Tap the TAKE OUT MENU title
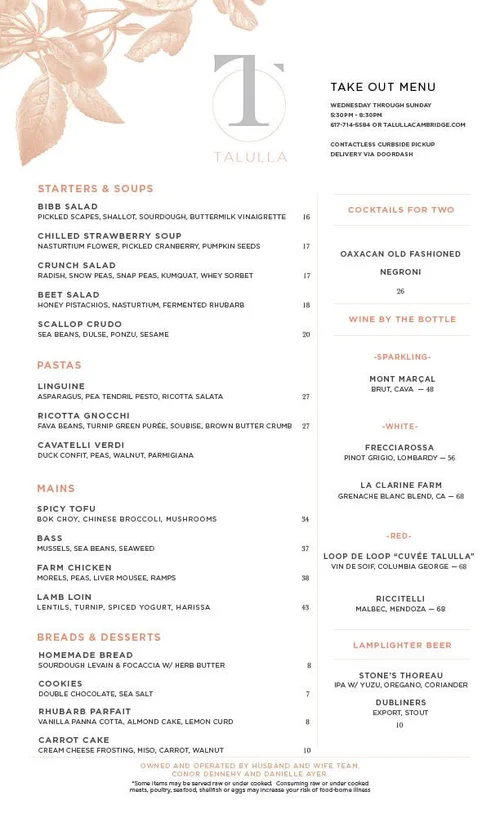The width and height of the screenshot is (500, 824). (x=383, y=87)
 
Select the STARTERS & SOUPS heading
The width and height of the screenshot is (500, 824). (x=96, y=189)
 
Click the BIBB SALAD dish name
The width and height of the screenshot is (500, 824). (x=68, y=207)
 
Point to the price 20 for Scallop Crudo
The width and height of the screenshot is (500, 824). (x=306, y=335)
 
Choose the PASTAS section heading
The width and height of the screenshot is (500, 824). (x=59, y=366)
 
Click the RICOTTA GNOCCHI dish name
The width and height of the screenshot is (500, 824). (x=84, y=416)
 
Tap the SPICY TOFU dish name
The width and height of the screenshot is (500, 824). (x=67, y=509)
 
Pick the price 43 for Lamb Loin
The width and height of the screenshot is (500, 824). (x=306, y=607)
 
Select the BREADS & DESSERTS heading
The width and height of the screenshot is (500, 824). (x=99, y=637)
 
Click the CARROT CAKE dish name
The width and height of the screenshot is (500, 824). (x=74, y=740)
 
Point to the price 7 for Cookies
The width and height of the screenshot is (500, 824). (x=308, y=694)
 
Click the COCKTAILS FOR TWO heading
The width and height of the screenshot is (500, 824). (x=401, y=210)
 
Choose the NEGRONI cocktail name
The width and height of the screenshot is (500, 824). (x=400, y=272)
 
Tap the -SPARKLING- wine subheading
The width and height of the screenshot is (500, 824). (x=402, y=357)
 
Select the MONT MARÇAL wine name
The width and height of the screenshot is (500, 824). (x=402, y=379)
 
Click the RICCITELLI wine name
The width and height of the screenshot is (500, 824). (x=401, y=598)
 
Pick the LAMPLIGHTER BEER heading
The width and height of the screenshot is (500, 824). (x=401, y=646)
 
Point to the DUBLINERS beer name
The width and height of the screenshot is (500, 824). (x=401, y=703)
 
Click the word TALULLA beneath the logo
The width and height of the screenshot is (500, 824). (x=250, y=157)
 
